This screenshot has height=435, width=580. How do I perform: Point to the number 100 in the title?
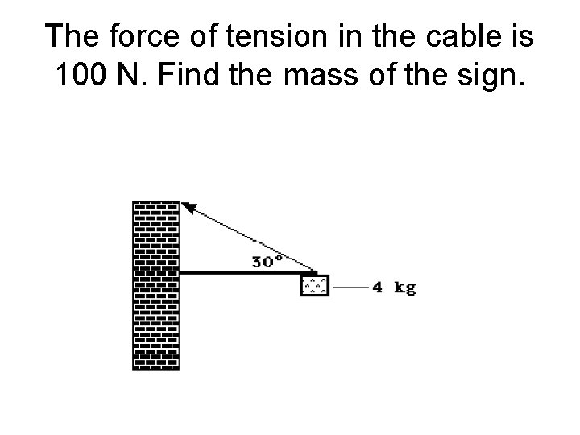pyautogui.click(x=83, y=78)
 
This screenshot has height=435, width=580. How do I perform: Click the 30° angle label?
pyautogui.click(x=267, y=261)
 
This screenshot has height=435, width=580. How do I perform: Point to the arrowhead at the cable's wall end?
pyautogui.click(x=188, y=207)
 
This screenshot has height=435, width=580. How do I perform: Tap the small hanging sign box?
pyautogui.click(x=314, y=285)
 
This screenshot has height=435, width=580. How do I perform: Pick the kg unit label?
pyautogui.click(x=405, y=288)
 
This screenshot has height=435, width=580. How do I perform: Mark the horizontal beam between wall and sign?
pyautogui.click(x=242, y=274)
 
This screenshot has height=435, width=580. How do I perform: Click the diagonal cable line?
pyautogui.click(x=250, y=239)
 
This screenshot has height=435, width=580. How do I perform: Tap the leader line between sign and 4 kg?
pyautogui.click(x=350, y=287)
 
